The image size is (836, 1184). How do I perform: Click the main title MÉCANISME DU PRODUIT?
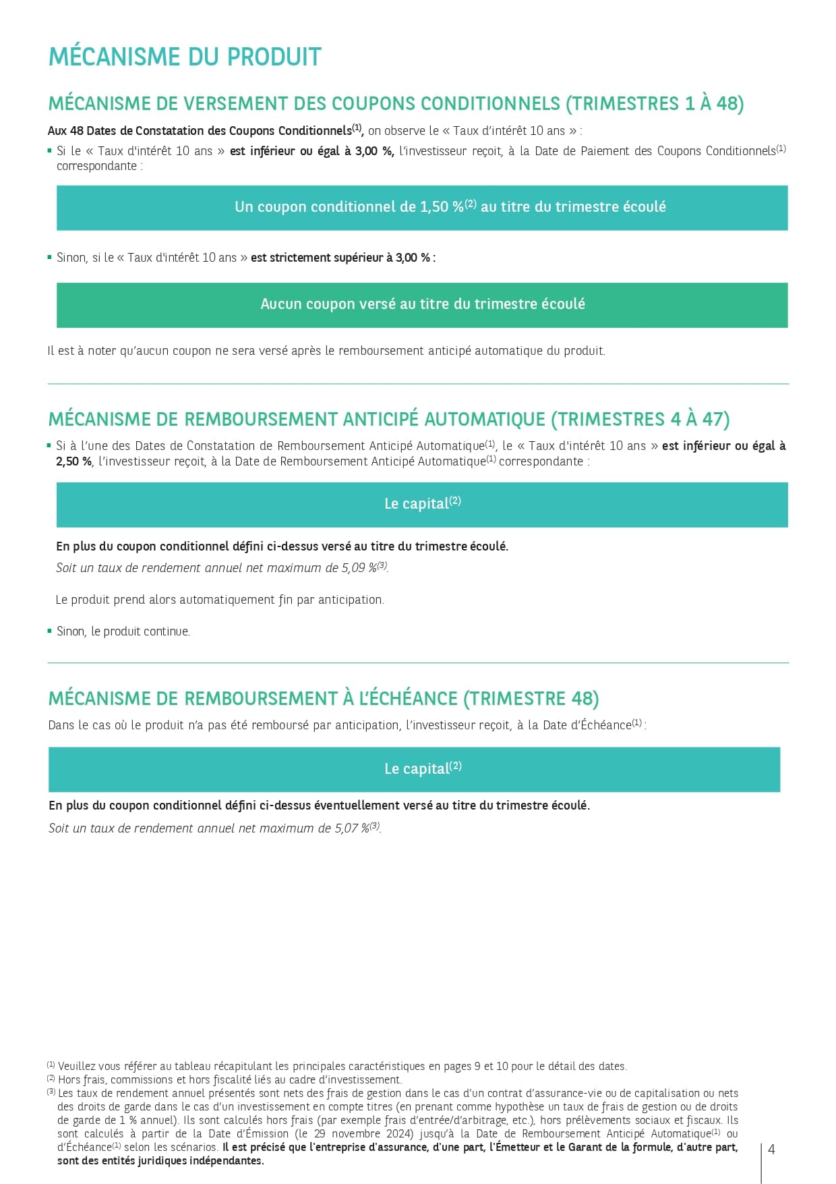click(185, 57)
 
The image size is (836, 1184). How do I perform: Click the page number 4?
click(772, 1150)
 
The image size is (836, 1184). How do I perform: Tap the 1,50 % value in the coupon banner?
click(442, 207)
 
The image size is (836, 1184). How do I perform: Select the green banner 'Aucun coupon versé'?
click(422, 305)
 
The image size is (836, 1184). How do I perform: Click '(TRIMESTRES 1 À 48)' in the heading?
click(655, 104)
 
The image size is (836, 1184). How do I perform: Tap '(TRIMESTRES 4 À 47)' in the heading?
click(640, 420)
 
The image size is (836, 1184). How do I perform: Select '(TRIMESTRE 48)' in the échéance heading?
click(531, 699)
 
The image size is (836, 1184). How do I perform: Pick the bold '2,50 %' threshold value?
click(73, 461)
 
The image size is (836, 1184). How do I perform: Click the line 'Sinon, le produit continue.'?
click(123, 631)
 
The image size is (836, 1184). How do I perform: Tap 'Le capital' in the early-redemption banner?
click(416, 504)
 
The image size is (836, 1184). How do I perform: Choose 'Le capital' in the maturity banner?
click(416, 769)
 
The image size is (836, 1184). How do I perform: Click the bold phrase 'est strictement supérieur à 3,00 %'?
click(340, 258)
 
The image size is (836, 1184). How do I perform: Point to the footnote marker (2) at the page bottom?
click(51, 1079)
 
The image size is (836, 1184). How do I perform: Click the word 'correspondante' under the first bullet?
click(97, 166)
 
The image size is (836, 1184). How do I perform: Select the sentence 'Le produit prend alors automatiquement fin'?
click(220, 600)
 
